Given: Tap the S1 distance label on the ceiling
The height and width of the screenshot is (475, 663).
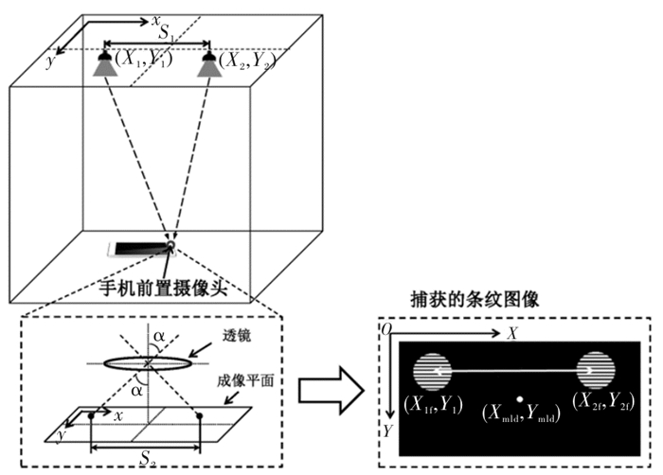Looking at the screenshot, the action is point(166,33).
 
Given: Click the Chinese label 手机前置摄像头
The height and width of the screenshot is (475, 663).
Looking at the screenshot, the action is point(164,288).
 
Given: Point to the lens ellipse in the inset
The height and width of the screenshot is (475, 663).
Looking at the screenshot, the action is point(147,363).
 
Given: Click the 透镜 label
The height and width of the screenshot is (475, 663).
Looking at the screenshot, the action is point(237,336).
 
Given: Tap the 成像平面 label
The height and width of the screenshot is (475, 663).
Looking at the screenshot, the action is point(245,380).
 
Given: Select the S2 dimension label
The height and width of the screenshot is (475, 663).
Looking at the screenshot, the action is point(148,458).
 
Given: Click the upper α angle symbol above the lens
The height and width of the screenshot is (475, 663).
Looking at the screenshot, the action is point(159,337).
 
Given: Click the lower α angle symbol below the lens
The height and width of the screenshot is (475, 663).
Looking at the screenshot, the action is point(136,391).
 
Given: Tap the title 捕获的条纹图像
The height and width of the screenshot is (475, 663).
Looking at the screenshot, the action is point(475,300).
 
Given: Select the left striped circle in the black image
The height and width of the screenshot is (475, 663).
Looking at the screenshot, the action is point(432,371).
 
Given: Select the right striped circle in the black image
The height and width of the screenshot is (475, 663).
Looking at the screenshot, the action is point(596,370).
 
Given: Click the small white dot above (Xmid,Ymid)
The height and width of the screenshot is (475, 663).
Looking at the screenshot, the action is point(520,399).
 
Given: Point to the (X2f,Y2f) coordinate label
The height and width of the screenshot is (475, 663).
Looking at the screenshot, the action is point(603,401).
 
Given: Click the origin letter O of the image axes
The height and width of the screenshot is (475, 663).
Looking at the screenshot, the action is point(386,329).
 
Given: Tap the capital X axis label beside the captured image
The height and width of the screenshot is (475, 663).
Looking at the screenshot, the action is point(512,333).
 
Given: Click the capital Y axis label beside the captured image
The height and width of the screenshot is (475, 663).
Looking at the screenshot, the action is point(387,431).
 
